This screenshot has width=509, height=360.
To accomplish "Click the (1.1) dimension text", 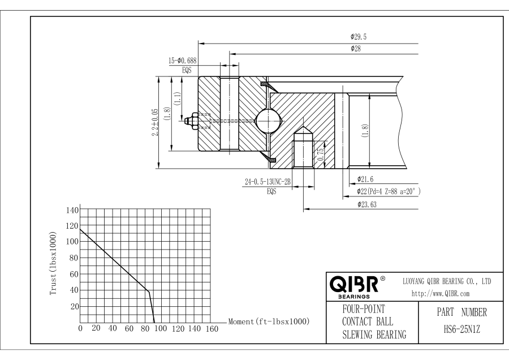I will pos(177,100).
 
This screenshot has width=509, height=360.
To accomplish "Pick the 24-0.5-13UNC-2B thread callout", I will pos(268,182).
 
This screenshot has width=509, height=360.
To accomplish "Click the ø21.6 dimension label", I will pos(365,179).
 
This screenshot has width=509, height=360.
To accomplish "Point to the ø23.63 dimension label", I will pos(368,204).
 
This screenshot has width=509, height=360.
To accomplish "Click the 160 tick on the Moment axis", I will pos(211,329).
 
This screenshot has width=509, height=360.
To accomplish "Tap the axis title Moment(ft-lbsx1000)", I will pos(269,322).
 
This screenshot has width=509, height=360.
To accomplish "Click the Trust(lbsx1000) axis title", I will pos(53,263).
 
